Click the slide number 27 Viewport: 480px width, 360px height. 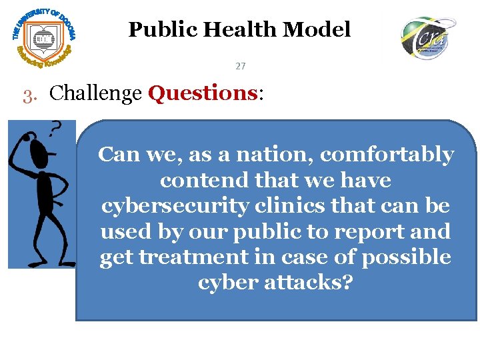pos(241,67)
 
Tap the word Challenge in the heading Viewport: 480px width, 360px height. pos(96,94)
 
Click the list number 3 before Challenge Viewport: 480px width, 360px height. pos(27,95)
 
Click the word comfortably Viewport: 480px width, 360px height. pos(387,155)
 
